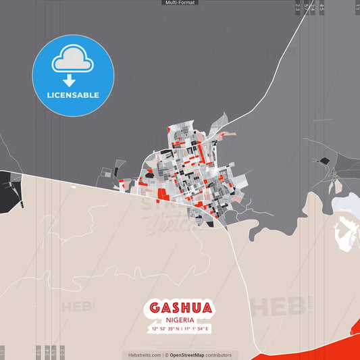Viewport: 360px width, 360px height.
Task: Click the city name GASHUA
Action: (x=180, y=308)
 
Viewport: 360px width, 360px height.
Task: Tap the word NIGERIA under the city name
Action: (x=180, y=319)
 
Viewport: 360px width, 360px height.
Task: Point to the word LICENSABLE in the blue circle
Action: (x=72, y=95)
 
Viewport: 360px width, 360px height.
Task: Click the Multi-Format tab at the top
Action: (x=180, y=3)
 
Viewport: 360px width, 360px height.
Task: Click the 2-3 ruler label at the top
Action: (x=297, y=7)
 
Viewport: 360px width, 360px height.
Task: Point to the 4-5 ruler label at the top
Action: (x=322, y=7)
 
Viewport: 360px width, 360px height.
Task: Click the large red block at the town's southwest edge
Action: (x=163, y=195)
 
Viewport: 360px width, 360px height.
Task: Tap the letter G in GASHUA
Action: (x=155, y=308)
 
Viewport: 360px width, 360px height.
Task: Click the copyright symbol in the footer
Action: (x=166, y=355)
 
